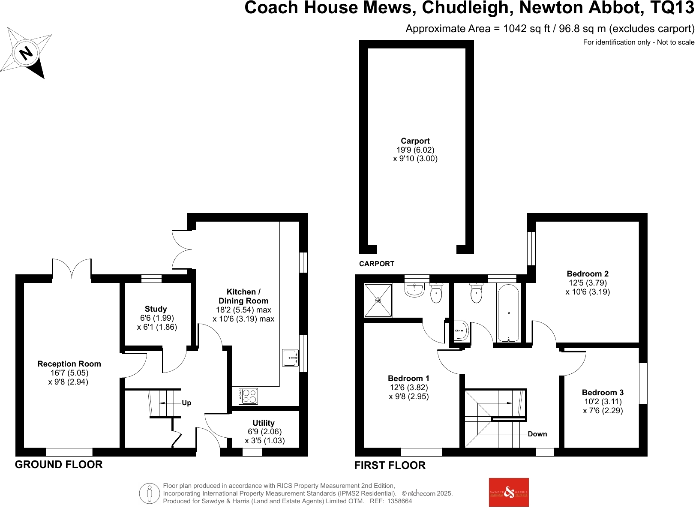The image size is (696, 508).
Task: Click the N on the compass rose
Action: [26, 53]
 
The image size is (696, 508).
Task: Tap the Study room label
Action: [156, 309]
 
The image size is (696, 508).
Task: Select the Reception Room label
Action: [69, 364]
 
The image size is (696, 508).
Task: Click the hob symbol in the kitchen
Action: [248, 396]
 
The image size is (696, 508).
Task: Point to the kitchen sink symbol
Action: [290, 358]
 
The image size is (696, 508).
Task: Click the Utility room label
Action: [263, 423]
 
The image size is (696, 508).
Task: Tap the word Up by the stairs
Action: [186, 403]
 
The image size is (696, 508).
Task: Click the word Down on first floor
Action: [537, 434]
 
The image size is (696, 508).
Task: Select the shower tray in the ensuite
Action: [378, 300]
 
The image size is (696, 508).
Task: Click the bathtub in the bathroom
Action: [508, 313]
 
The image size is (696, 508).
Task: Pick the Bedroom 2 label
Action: [588, 274]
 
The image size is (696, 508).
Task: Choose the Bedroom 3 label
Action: [603, 393]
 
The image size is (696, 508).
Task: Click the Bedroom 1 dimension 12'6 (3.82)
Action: [408, 388]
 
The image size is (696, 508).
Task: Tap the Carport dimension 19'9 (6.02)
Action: [415, 150]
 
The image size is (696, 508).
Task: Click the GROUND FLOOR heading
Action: [59, 465]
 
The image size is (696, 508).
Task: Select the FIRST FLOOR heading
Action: [390, 466]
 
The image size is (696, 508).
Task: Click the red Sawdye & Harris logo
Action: [509, 492]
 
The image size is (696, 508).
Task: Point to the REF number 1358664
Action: [399, 501]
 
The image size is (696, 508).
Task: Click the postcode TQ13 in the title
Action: [672, 8]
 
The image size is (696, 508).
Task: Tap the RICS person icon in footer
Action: [149, 493]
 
